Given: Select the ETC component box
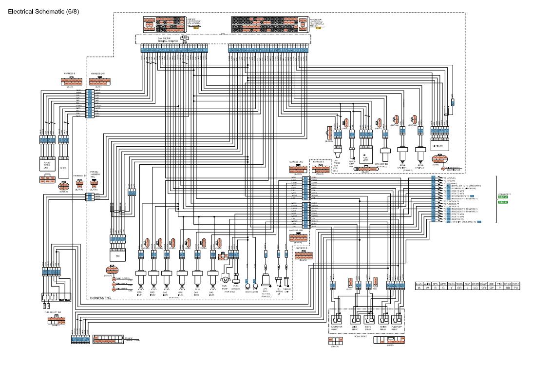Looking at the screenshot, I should [x=117, y=255].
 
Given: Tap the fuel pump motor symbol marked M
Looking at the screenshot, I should [x=225, y=279].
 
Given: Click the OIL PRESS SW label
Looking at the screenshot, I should [x=278, y=293].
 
